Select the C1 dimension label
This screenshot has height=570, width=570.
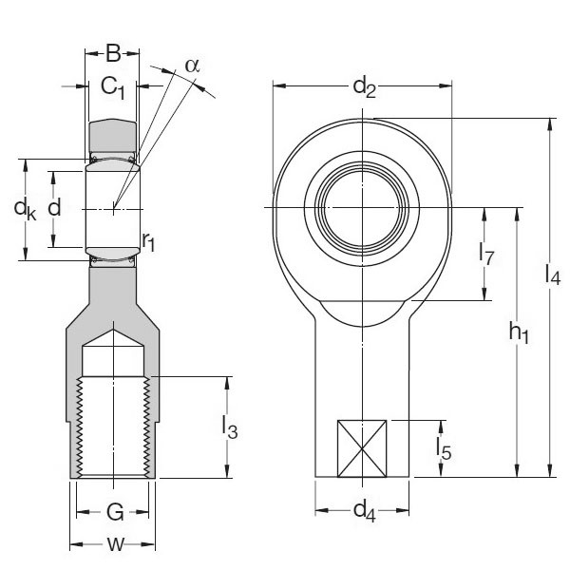tap(113, 88)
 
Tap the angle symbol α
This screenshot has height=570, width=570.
tap(193, 65)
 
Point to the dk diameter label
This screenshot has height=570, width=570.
tap(25, 208)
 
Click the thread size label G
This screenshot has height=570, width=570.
tap(114, 514)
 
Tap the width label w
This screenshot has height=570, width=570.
tap(114, 544)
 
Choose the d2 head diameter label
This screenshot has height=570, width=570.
tap(364, 88)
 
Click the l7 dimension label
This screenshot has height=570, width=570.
tap(486, 254)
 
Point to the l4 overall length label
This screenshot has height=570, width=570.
tap(552, 275)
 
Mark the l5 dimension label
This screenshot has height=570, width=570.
tap(442, 447)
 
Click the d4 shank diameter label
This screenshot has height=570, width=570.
tap(364, 510)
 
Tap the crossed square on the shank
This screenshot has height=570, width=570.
tap(363, 447)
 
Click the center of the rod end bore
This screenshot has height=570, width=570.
tap(364, 207)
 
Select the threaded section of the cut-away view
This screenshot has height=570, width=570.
tap(114, 427)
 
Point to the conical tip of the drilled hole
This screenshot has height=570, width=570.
tap(114, 334)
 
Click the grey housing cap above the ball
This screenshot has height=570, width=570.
tap(113, 136)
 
